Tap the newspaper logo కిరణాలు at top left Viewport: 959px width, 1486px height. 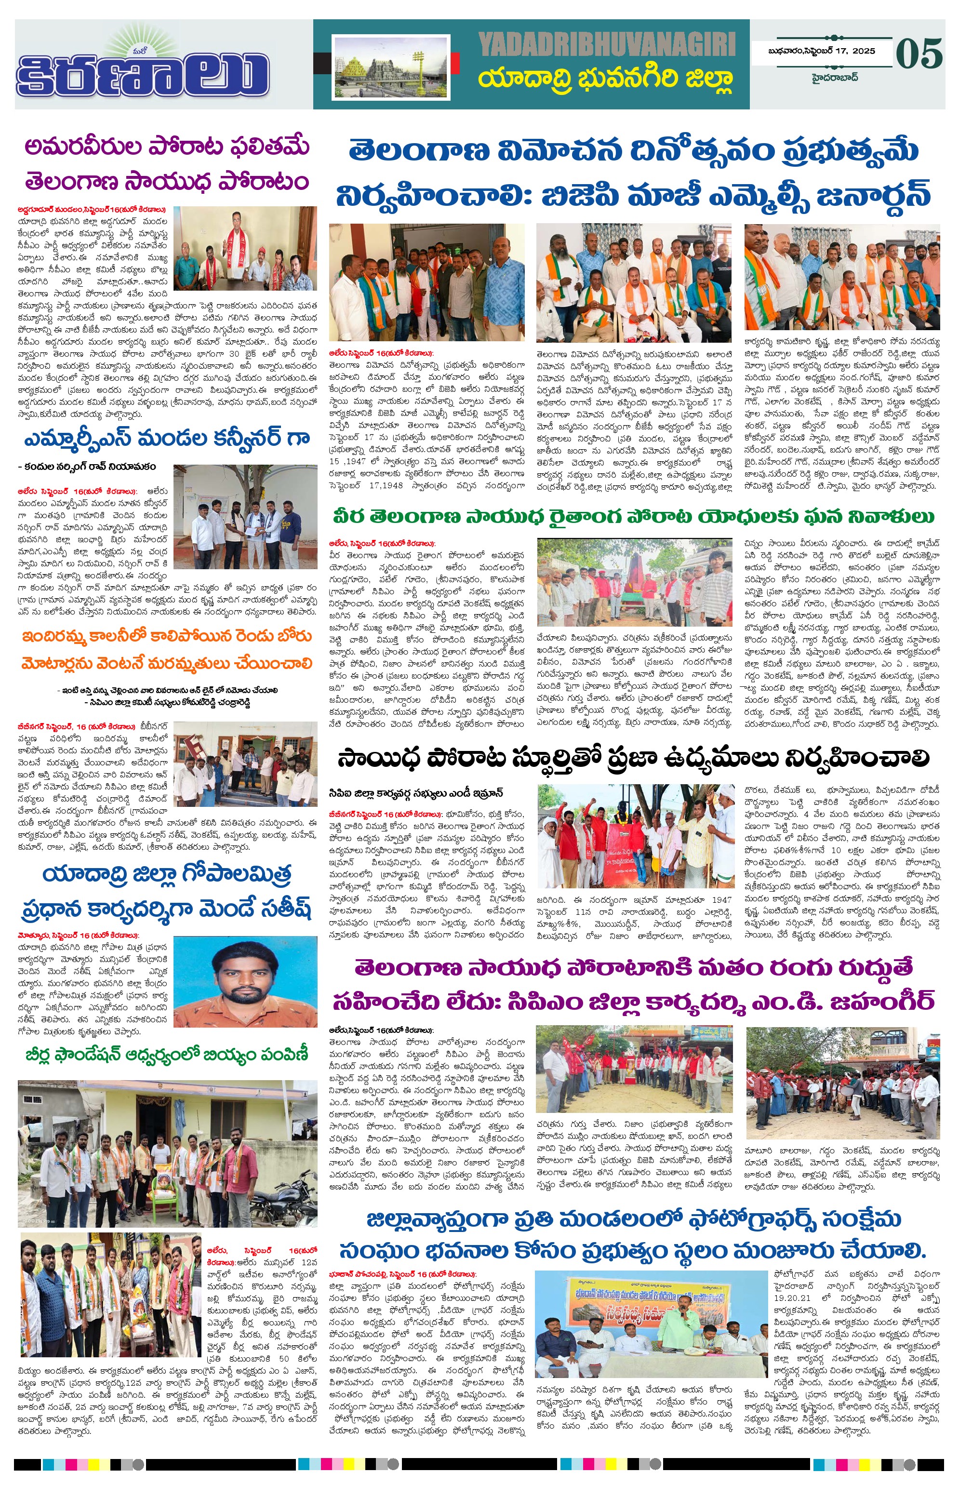pos(143,72)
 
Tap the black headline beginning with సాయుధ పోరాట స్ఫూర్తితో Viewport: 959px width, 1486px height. pos(633,758)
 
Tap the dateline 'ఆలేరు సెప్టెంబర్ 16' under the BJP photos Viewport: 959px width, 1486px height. pos(381,353)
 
